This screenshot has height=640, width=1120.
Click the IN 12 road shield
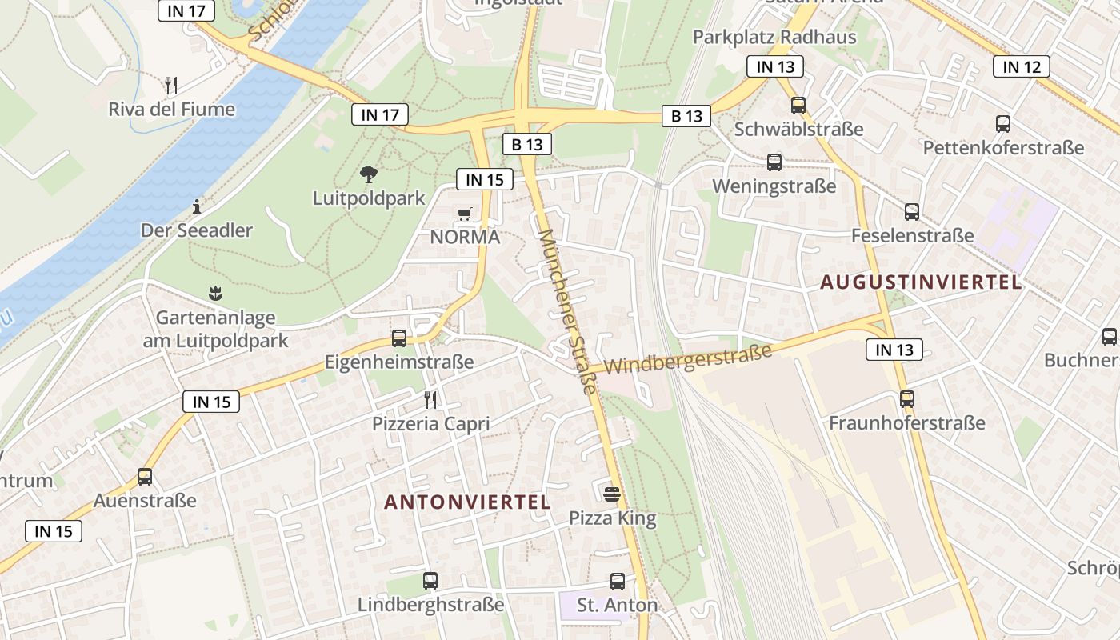pos(1022,66)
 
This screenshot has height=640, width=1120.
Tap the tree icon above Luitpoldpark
pos(369,174)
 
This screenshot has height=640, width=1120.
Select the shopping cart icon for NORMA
pos(464,214)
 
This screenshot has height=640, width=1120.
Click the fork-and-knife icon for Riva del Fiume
pos(170,85)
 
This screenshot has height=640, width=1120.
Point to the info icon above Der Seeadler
pos(197,207)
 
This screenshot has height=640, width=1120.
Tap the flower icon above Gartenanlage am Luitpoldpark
pos(214,294)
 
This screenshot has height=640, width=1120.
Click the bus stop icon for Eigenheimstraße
pos(399,338)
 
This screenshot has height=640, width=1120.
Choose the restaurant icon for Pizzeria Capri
pos(430,399)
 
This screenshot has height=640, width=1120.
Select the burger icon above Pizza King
pos(612,494)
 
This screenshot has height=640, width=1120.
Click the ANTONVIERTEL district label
pos(467,502)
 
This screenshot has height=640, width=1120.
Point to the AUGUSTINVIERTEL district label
pos(921,282)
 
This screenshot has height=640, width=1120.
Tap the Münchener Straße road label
pos(568,312)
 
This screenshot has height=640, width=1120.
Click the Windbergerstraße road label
pos(688,359)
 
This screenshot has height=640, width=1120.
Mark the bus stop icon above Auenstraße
pos(145,477)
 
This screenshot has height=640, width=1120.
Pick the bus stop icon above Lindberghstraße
pos(430,581)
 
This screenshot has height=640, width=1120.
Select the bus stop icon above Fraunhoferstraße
pos(906,398)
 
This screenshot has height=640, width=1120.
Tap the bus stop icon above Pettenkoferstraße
pos(1003,124)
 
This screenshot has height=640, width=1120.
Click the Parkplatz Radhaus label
pos(774,37)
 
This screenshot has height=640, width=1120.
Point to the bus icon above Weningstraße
pos(774,162)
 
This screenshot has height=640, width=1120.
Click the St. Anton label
pos(617,606)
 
